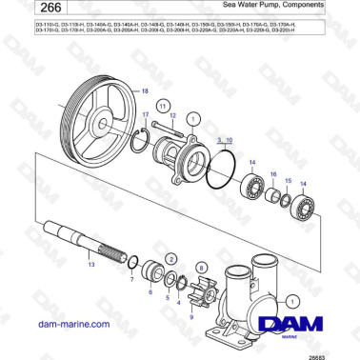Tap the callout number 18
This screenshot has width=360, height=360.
tap(145, 90)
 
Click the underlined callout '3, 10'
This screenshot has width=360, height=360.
tap(224, 139)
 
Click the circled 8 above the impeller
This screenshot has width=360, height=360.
tap(200, 269)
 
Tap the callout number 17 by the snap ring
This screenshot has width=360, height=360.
tap(146, 115)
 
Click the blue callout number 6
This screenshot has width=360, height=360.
tap(150, 292)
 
